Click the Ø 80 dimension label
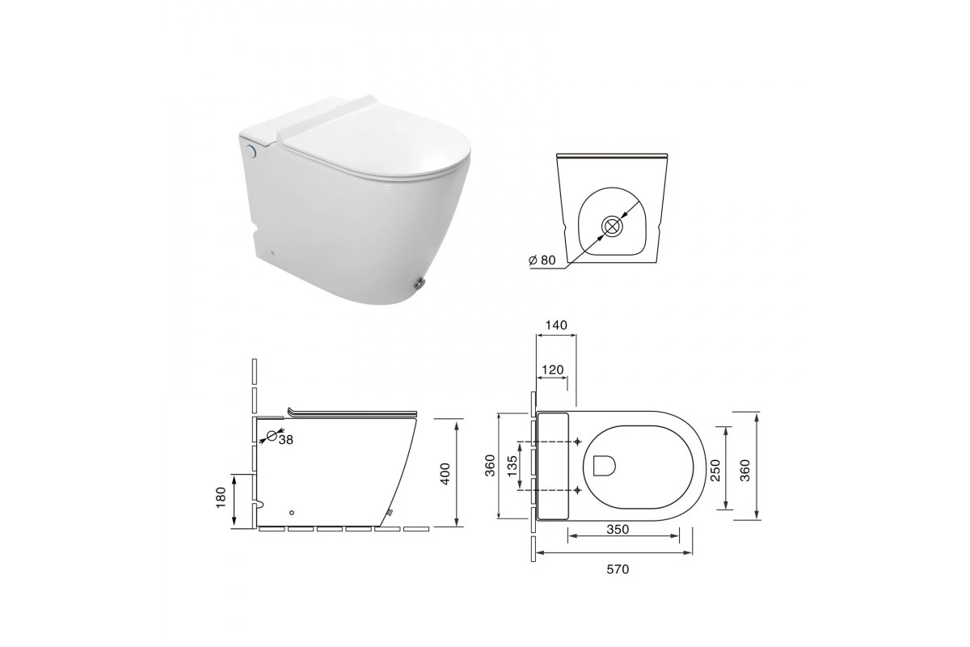542,260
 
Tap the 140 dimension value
556,325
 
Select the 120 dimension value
553,370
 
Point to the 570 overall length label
618,569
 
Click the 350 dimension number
618,529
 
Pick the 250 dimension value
716,470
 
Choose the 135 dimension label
512,466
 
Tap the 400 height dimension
445,474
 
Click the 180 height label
221,497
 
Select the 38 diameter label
286,440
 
